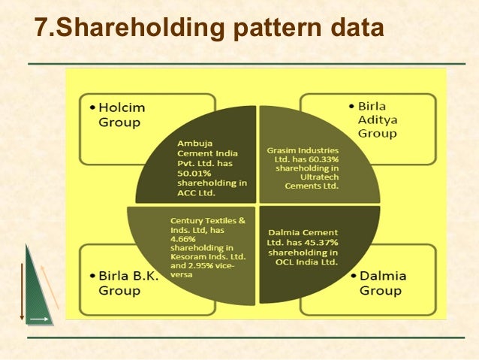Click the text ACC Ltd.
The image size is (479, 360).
pyautogui.click(x=197, y=192)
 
